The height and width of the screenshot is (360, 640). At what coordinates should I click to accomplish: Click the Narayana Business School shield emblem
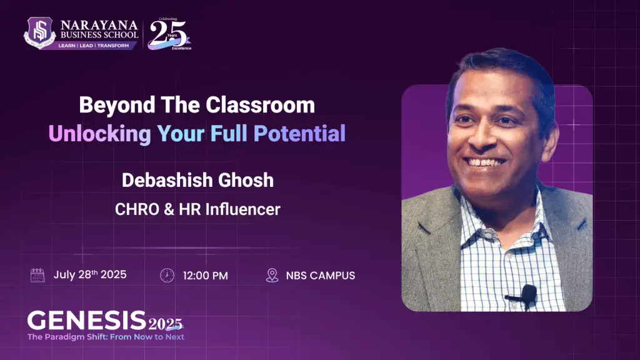coord(39,32)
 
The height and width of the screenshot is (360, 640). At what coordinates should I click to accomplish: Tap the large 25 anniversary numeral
coord(167,34)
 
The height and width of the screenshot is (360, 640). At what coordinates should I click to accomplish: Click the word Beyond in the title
coord(117,106)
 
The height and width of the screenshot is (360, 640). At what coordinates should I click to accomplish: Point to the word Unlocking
coord(100,134)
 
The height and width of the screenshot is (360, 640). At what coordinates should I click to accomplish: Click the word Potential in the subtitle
coord(299,134)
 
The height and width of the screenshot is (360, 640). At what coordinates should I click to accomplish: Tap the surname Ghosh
coord(246,180)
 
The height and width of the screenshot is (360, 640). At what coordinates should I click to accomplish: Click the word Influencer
coord(243,209)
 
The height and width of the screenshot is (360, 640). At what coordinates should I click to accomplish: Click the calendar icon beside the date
coord(37,275)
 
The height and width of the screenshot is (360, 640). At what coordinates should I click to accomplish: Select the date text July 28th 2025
coord(90,275)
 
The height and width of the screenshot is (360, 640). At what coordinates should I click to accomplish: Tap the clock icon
coord(167,276)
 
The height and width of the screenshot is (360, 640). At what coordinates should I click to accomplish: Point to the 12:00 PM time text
coord(205,276)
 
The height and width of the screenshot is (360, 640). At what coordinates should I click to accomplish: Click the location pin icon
coord(272,276)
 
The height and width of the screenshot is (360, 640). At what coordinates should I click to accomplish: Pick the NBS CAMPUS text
coord(321,276)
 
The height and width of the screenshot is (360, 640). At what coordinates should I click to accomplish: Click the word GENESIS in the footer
coord(86,320)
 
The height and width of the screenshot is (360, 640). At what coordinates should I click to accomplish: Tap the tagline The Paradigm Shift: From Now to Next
coord(106,337)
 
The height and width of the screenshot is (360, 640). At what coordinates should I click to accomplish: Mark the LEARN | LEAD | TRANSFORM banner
coord(94,46)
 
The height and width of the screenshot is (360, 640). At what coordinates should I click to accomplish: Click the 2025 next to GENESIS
coord(165,324)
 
